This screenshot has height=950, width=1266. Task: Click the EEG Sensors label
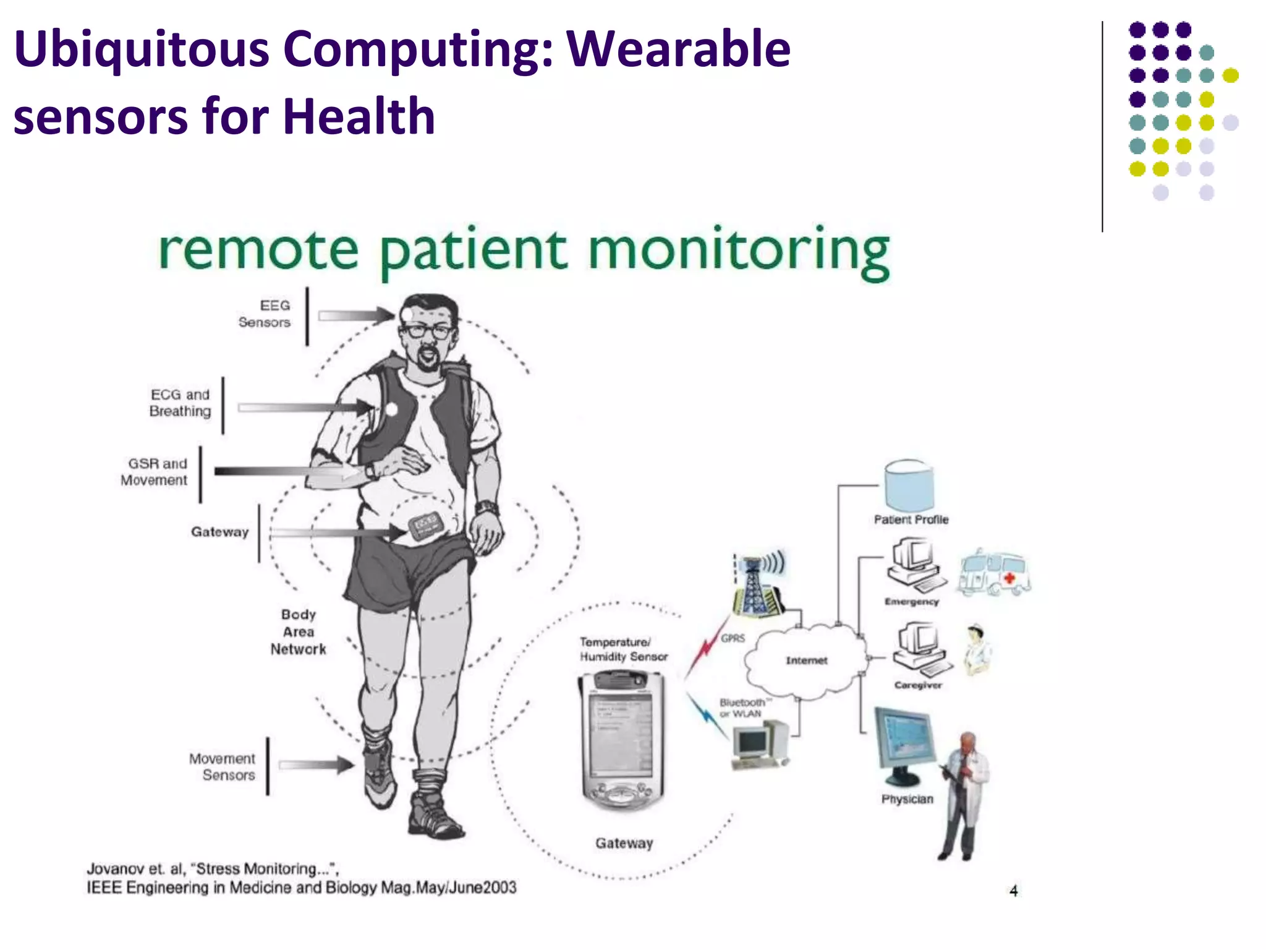[x=265, y=314]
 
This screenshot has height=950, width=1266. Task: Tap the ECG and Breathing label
[x=180, y=403]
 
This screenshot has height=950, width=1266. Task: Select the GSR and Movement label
[x=155, y=472]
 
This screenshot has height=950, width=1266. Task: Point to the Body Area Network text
[x=298, y=631]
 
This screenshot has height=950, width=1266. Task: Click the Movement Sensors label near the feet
[x=223, y=766]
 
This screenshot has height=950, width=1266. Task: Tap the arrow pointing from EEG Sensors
[x=356, y=315]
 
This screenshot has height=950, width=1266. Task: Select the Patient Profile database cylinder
[x=909, y=486]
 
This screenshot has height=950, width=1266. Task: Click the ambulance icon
[x=994, y=572]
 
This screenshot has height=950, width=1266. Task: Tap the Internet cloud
[x=806, y=661]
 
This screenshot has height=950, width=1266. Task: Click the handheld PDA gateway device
[x=622, y=740]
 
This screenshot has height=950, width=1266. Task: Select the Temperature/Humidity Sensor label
[x=623, y=649]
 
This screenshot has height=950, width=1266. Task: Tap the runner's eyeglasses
[x=427, y=331]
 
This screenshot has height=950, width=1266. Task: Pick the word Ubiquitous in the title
[x=142, y=49]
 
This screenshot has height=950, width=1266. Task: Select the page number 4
[x=1014, y=891]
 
